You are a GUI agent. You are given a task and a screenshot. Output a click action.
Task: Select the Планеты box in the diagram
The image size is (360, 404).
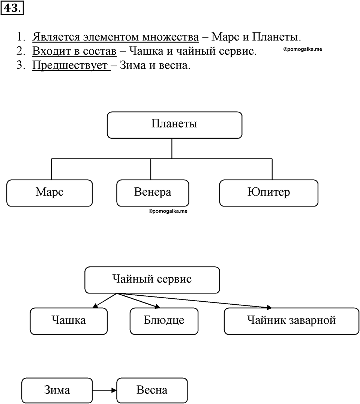[175, 125]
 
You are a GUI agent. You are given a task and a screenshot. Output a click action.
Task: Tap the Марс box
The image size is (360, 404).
[49, 193]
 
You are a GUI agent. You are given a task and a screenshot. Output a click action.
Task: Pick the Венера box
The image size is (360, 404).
[153, 193]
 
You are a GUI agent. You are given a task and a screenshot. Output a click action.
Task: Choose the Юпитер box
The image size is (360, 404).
[269, 193]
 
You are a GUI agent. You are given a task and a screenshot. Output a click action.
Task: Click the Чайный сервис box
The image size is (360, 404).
[152, 280]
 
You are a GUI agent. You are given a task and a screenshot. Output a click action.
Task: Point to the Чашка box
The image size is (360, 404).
[69, 321]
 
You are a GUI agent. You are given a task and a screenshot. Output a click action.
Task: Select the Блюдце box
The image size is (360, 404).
[164, 321]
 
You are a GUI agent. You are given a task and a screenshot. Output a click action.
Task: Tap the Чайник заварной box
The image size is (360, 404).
[292, 321]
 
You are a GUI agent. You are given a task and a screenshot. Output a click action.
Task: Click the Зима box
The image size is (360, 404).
[57, 391]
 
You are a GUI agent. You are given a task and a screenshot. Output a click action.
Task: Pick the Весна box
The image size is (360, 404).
[152, 391]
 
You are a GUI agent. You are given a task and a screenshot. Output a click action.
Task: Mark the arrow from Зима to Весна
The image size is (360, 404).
[105, 391]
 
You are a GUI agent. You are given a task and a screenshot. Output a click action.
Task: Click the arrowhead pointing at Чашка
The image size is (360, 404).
[95, 306]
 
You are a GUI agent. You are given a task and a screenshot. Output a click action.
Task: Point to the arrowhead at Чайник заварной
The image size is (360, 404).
[269, 307]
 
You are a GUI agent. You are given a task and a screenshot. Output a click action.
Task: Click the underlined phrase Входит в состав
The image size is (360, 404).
[74, 51]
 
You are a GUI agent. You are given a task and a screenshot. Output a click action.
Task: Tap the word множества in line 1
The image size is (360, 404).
[171, 37]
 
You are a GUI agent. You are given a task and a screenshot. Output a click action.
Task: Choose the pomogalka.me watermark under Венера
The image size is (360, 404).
[168, 211]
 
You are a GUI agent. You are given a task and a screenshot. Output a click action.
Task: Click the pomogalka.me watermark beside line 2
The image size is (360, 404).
[303, 49]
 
